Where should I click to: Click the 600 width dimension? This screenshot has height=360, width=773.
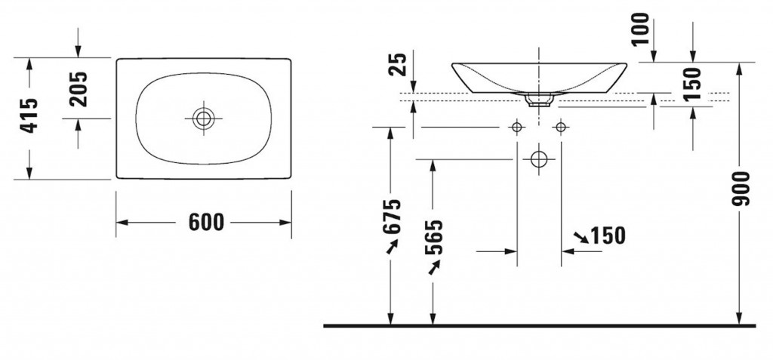pyautogui.click(x=206, y=223)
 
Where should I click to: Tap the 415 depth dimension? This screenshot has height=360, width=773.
pyautogui.click(x=29, y=115)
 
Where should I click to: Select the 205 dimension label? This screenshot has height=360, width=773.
pyautogui.click(x=79, y=89)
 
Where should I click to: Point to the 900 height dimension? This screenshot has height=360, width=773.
pyautogui.click(x=741, y=189)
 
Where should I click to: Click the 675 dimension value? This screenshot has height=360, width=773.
pyautogui.click(x=393, y=217)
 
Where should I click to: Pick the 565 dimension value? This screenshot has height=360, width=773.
pyautogui.click(x=435, y=237)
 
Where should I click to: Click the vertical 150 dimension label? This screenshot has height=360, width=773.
pyautogui.click(x=693, y=83)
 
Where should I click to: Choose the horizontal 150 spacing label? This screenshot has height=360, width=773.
pyautogui.click(x=608, y=235)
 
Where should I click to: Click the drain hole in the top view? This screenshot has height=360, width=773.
pyautogui.click(x=202, y=118)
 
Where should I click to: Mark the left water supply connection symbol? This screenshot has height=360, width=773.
pyautogui.click(x=516, y=128)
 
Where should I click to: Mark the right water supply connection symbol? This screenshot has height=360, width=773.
pyautogui.click(x=561, y=128)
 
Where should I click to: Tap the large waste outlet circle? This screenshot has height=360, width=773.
pyautogui.click(x=539, y=159)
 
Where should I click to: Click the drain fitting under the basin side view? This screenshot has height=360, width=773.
pyautogui.click(x=539, y=100)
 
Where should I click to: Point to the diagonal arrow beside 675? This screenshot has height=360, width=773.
pyautogui.click(x=392, y=246)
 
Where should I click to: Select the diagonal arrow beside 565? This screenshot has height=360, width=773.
pyautogui.click(x=434, y=267)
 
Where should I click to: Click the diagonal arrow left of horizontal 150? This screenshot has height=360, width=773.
pyautogui.click(x=581, y=237)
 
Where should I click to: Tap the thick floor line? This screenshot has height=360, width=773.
pyautogui.click(x=539, y=326)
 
